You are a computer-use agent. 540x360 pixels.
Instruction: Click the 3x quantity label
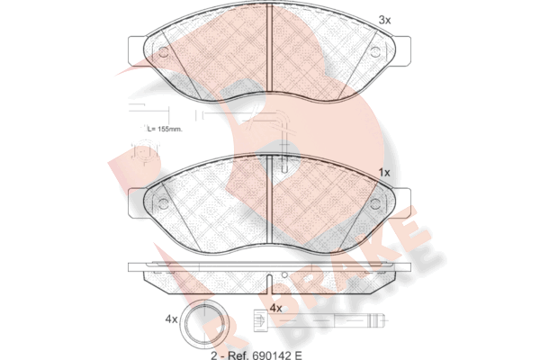(384, 21)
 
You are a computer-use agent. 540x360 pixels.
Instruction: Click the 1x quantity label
(384, 173)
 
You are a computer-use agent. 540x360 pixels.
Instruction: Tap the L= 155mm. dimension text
(165, 130)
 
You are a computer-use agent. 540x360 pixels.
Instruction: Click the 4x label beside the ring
(171, 319)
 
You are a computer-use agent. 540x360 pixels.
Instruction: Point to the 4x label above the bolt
(275, 309)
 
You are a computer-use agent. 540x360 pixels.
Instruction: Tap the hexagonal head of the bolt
(260, 320)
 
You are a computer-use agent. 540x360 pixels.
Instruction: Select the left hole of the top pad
(163, 52)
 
